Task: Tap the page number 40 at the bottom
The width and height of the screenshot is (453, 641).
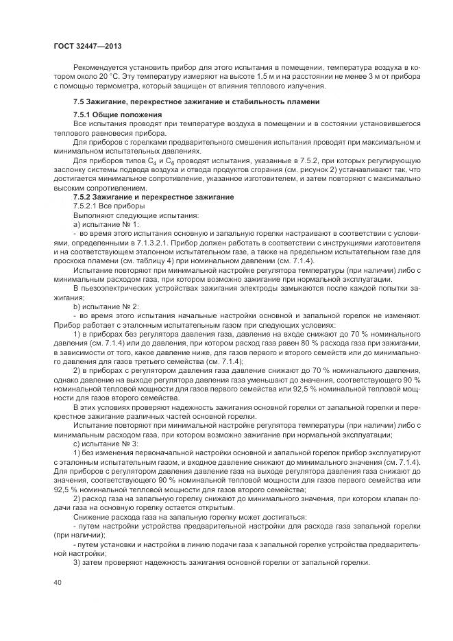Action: pos(57,583)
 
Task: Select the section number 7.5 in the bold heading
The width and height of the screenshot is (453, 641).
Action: pos(79,102)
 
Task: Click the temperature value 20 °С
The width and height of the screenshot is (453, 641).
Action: pos(108,76)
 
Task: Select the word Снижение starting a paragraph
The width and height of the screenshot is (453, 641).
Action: pos(92,518)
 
